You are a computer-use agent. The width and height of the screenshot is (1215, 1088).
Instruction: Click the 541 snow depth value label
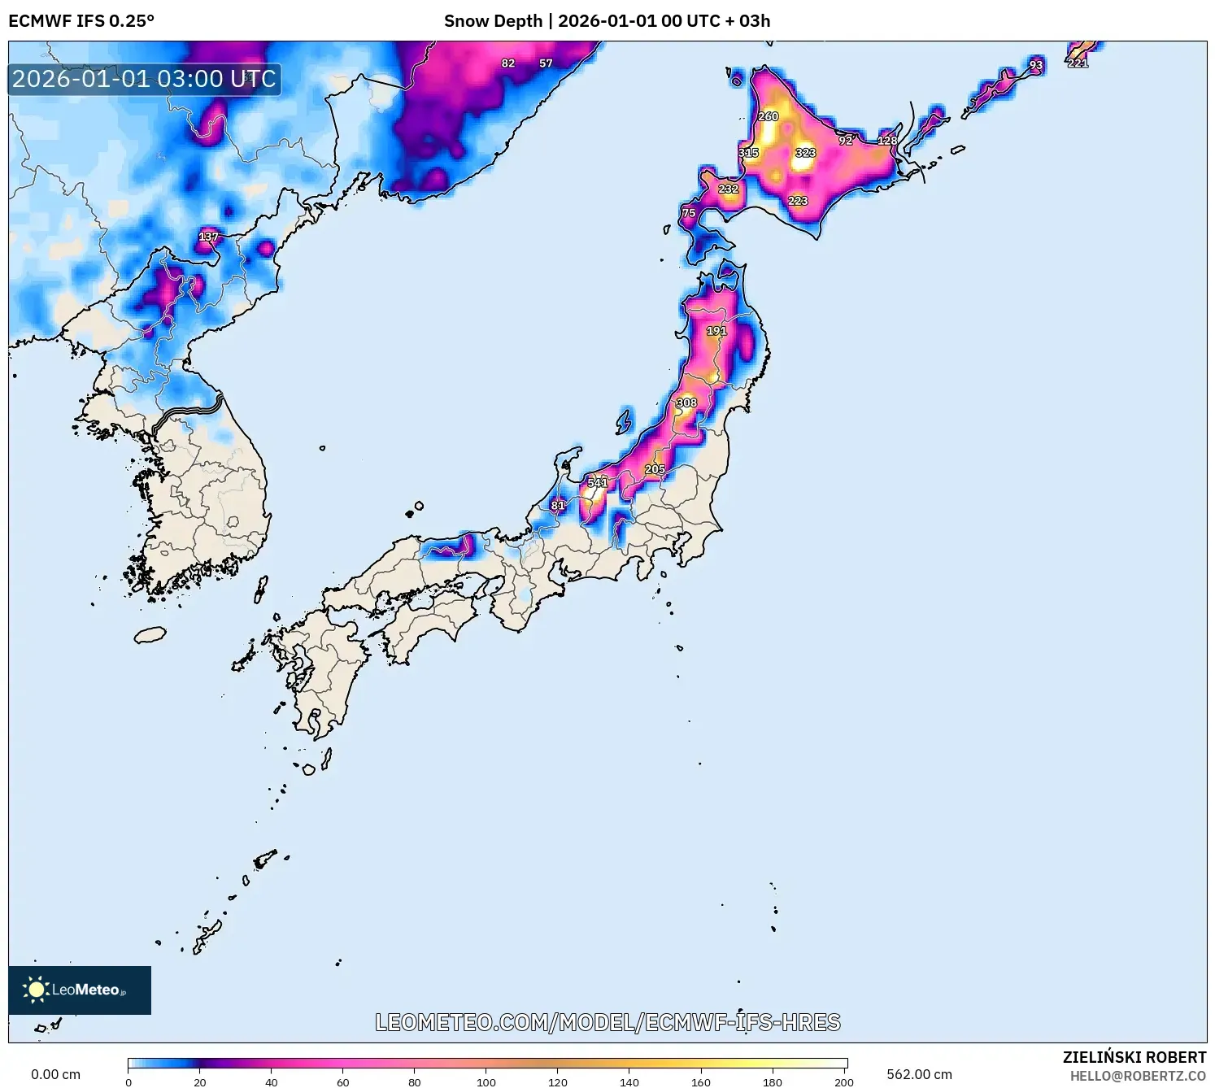pos(598,482)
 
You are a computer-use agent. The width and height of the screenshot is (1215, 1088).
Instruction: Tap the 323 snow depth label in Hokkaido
pos(805,152)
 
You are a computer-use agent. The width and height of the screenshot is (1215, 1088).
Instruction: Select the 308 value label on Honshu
pos(687,403)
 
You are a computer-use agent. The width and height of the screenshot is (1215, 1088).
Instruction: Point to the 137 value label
pos(209,237)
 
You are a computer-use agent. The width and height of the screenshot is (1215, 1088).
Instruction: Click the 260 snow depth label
pos(768,116)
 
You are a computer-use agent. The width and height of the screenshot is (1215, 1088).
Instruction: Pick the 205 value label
pos(655,469)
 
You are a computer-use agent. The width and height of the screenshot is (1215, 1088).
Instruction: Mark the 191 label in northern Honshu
pos(716,331)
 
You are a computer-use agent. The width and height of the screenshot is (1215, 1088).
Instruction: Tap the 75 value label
pos(689,213)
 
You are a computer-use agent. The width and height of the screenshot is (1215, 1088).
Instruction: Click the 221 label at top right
pos(1078,63)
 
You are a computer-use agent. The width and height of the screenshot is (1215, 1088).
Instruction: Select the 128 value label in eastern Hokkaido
pos(887,141)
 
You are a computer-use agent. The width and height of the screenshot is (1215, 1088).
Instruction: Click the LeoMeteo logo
pos(80,990)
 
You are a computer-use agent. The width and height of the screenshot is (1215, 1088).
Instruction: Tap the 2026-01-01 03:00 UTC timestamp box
pos(145,80)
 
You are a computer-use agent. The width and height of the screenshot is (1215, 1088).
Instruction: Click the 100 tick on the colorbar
pos(486,1081)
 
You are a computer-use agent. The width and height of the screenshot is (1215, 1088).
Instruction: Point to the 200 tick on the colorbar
pos(844,1081)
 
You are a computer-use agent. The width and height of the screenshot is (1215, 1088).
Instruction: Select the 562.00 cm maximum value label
pos(919,1074)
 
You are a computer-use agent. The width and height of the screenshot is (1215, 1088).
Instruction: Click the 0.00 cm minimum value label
pos(55,1074)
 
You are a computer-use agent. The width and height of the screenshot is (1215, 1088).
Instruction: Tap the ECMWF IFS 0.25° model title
pos(81,21)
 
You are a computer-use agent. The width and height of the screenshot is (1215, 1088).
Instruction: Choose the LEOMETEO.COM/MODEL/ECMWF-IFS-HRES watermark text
pos(607,1022)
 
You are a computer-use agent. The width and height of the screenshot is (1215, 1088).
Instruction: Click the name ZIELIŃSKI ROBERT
pos(1134,1057)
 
